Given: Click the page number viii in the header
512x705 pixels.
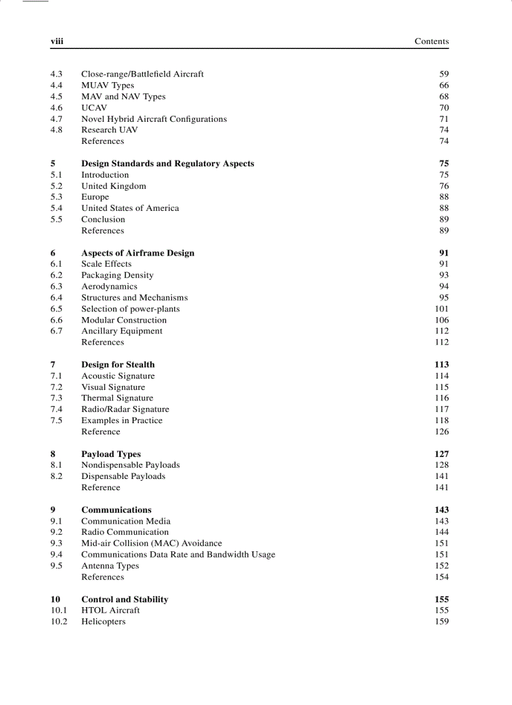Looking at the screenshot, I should point(57,41).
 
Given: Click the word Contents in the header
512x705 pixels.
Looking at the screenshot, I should point(431,41).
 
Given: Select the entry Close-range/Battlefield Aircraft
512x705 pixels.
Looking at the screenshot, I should point(142,74).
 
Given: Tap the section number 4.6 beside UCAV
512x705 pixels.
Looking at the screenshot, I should point(56,108).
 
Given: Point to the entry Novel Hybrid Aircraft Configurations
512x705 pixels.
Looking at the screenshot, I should point(154,119).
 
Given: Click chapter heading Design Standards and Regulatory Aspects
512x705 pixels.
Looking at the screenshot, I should point(168,164).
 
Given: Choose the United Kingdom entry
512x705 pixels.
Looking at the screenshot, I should point(114,186).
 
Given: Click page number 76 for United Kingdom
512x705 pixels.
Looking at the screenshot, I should point(444,186).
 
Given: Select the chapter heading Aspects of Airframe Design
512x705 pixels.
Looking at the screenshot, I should point(137,253).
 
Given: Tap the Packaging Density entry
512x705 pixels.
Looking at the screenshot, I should point(117,276).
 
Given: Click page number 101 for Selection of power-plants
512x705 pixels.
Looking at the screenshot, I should point(442,309).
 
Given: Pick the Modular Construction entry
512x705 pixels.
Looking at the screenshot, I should point(124,320).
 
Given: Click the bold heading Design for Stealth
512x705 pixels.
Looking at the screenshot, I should point(118,365).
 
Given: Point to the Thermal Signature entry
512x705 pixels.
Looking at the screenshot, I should point(117,398).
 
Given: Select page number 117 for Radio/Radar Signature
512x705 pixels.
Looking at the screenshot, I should point(442,409).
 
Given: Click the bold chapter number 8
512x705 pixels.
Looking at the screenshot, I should point(53,454).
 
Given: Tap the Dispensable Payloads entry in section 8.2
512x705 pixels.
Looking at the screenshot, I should point(123,476).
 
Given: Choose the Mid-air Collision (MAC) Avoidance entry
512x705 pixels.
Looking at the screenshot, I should point(151,544).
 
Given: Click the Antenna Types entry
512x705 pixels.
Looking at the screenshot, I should point(110,566).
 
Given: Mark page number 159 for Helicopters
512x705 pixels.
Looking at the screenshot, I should point(442,622).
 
